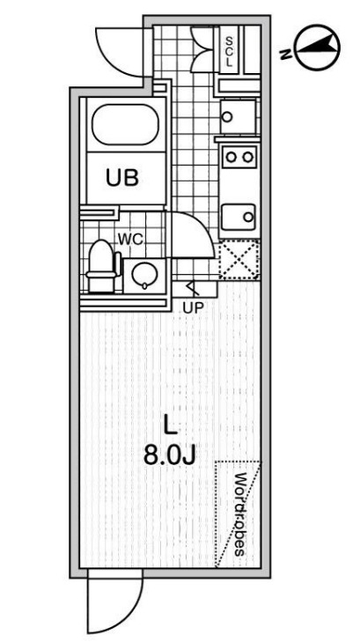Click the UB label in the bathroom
tap(122, 178)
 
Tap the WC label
tap(130, 240)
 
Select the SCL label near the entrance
tap(229, 51)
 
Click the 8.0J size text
tap(169, 455)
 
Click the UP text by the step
tap(193, 307)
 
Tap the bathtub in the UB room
tap(125, 124)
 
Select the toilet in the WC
tap(102, 266)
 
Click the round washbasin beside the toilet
tap(144, 276)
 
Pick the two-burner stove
tap(239, 157)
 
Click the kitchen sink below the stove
tap(239, 217)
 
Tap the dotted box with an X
tap(239, 259)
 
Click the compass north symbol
tap(318, 48)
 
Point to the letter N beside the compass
tap(286, 54)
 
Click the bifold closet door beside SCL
tap(202, 48)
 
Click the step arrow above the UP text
tap(193, 288)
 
